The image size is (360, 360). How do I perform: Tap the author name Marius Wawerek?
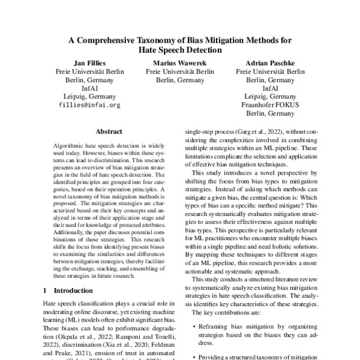179,63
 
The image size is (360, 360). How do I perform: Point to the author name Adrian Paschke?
269,63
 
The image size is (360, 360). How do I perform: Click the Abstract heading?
109,131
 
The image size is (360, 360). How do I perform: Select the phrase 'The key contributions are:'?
226,313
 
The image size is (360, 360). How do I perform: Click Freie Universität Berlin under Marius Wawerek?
179,71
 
